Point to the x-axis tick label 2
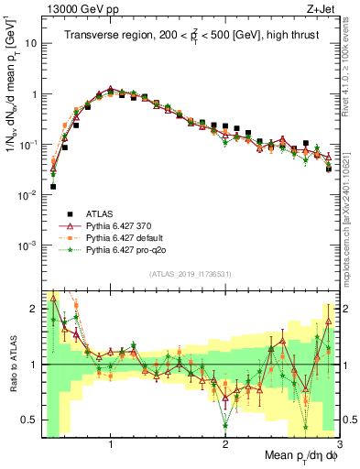click(x=225, y=444)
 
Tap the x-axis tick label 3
click(x=339, y=444)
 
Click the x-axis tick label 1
click(x=111, y=444)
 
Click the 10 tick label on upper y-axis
click(x=29, y=43)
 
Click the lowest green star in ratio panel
click(x=224, y=424)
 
